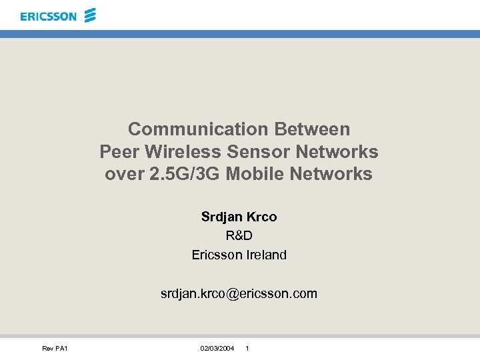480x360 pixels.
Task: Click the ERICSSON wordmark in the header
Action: tap(48, 16)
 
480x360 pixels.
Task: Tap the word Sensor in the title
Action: tap(255, 152)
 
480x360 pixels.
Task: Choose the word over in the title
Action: tap(122, 175)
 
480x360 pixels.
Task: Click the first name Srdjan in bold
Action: tap(221, 217)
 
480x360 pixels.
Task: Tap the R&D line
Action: tap(239, 235)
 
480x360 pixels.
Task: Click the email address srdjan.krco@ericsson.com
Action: tap(239, 293)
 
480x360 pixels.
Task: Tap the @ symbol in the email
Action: tap(232, 293)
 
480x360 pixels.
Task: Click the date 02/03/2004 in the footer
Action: tap(217, 349)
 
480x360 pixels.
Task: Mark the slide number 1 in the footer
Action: tap(247, 349)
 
